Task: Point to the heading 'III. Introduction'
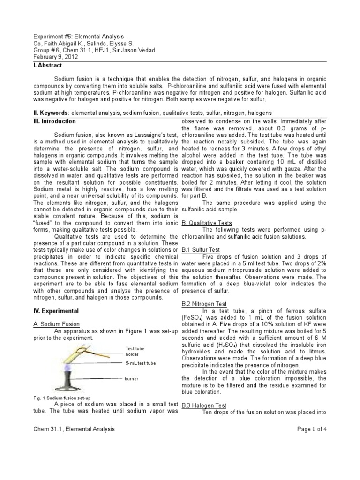[55, 121]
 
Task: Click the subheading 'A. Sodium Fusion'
[57, 324]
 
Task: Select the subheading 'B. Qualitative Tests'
[206, 223]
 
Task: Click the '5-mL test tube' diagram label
[141, 363]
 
